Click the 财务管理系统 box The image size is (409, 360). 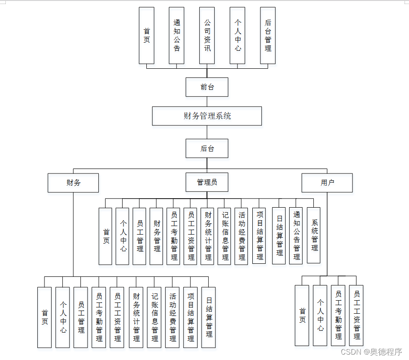coord(207,116)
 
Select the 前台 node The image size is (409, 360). coord(207,87)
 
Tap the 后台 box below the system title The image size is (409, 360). coord(207,148)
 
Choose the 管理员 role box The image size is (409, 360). coord(207,182)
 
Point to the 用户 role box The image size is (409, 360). coord(327,183)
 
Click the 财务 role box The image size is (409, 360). coord(73,183)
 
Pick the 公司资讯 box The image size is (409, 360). coord(207,35)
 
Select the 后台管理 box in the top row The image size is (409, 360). coord(268,35)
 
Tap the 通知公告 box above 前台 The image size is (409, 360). coord(176,35)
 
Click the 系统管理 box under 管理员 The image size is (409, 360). coord(314,235)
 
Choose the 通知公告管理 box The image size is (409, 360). coord(296,236)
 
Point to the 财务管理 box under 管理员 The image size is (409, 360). coord(156,236)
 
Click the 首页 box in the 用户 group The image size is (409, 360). coord(302,316)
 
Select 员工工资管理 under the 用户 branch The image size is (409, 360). coord(356,316)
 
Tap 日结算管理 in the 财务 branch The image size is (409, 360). coord(208,317)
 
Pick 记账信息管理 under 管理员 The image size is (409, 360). coord(224,236)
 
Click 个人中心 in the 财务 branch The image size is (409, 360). coord(63,317)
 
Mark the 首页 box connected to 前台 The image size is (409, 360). coord(146,35)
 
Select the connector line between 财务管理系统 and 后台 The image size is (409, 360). coord(207,132)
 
